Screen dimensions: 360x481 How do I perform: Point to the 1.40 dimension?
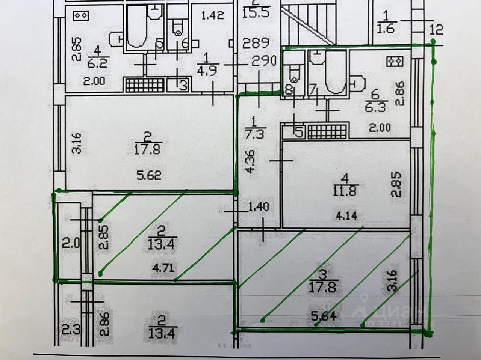click(x=258, y=207)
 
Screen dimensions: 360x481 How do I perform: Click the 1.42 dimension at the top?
click(x=213, y=15)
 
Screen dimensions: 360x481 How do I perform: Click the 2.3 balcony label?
click(x=70, y=331)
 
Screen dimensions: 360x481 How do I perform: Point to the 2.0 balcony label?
click(x=70, y=244)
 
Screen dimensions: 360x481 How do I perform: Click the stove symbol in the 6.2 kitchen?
click(x=81, y=15)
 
